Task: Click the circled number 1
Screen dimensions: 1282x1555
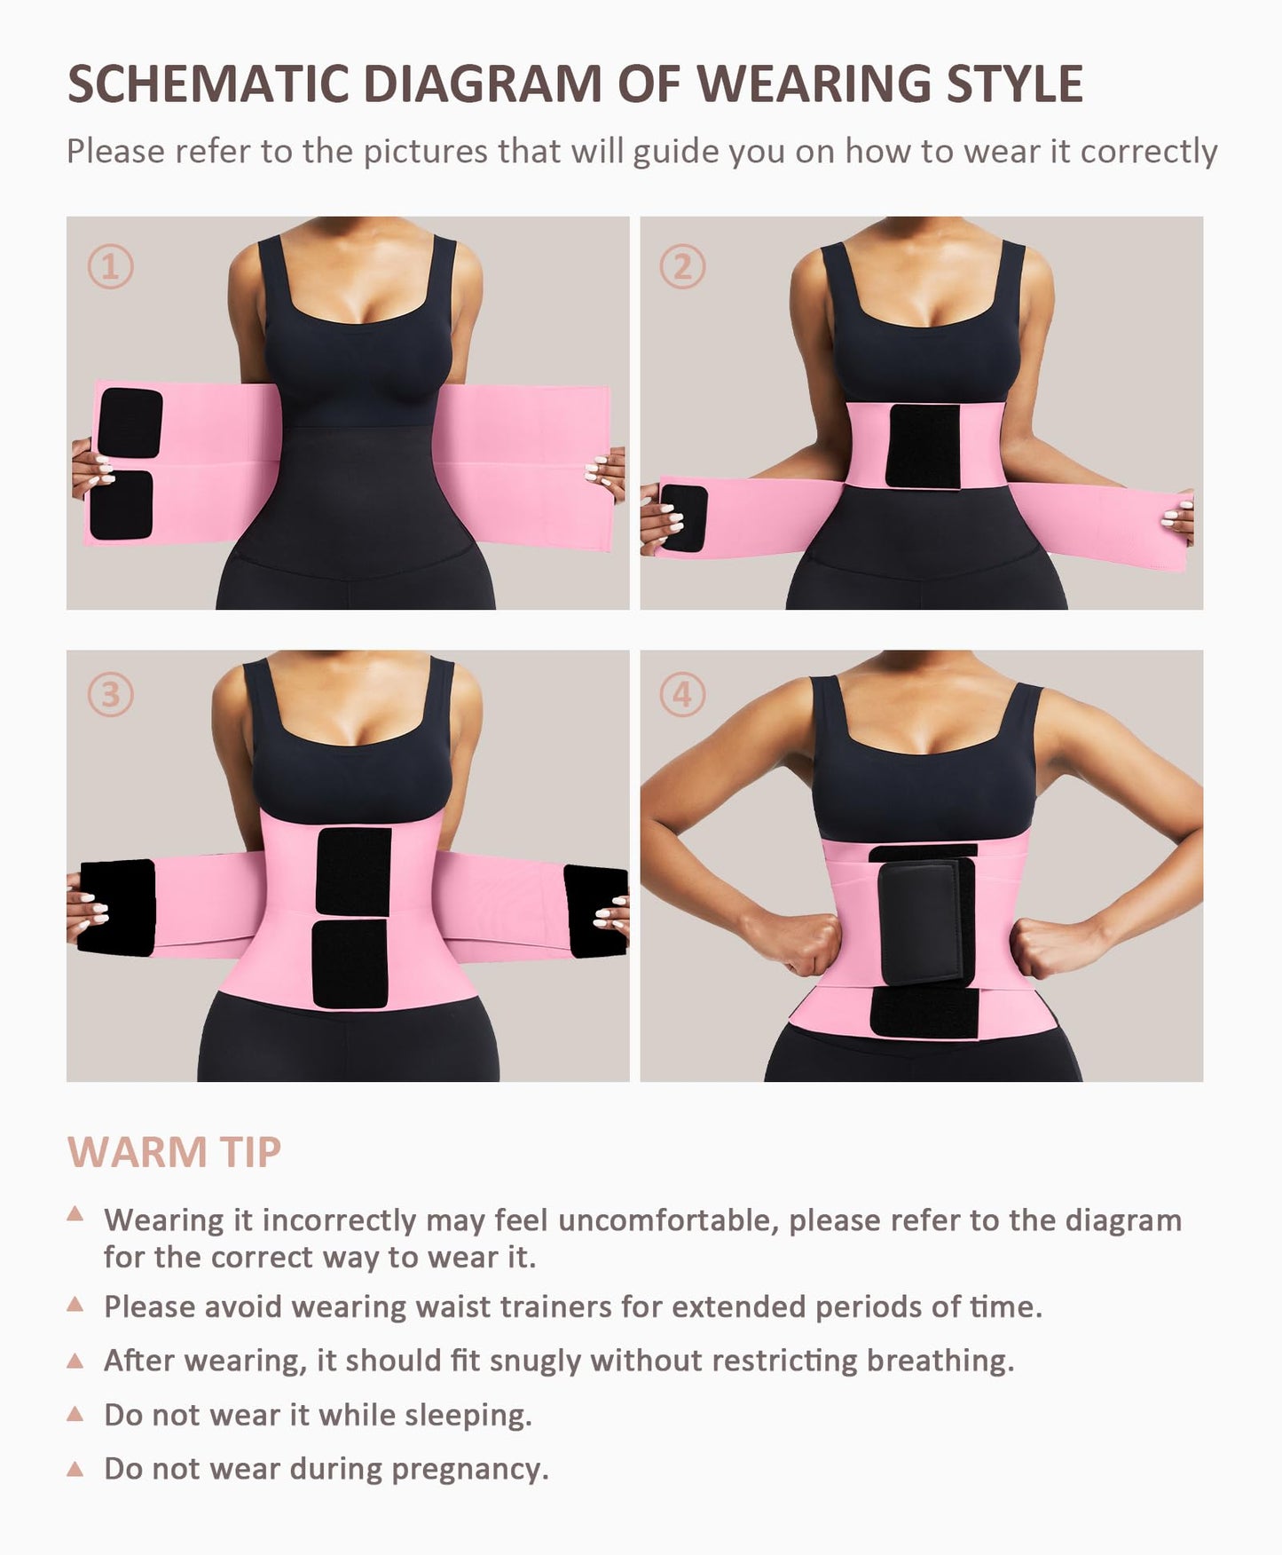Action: [111, 266]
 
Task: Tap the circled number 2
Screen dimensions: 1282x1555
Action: [682, 266]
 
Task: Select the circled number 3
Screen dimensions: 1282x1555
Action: [111, 694]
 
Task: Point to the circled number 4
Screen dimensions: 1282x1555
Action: [682, 694]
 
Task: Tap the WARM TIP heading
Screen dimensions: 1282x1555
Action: [175, 1152]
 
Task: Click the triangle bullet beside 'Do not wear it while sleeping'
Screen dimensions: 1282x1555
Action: [75, 1413]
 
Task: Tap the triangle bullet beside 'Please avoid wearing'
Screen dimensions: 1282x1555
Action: [75, 1305]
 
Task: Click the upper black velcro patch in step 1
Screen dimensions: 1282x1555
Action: [130, 422]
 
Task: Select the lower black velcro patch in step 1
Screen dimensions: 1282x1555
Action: [122, 504]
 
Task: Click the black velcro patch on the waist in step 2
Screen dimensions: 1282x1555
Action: [924, 446]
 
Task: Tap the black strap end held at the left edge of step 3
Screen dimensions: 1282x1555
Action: [118, 907]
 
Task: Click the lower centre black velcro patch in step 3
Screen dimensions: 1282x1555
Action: [350, 964]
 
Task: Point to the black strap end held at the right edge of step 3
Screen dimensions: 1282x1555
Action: [597, 912]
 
